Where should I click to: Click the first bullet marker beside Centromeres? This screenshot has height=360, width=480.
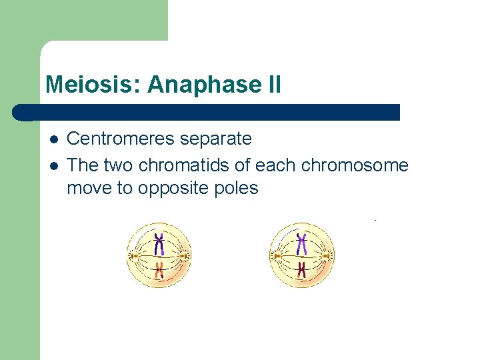53,139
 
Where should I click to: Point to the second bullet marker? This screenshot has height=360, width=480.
53,165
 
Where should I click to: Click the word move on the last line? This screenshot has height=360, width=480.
89,188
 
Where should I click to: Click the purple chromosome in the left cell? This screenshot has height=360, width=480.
159,244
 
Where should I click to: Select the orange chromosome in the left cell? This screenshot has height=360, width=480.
159,269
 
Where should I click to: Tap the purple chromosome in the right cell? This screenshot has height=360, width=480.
302,244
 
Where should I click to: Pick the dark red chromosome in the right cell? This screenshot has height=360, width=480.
302,269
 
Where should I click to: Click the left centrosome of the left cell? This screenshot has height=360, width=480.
133,255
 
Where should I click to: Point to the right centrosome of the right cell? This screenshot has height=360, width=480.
327,255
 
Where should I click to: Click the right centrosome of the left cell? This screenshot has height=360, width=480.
185,255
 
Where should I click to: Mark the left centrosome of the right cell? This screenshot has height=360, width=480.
276,255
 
